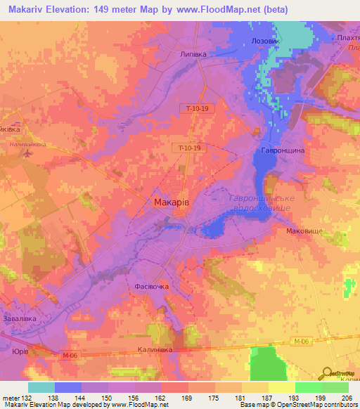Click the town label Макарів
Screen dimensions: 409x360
point(171,202)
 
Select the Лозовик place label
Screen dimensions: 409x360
point(265,41)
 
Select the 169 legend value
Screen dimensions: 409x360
point(187,398)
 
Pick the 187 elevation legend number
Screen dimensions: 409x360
point(266,398)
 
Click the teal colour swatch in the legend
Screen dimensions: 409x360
point(41,387)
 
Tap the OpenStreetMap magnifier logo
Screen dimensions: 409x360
point(326,375)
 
